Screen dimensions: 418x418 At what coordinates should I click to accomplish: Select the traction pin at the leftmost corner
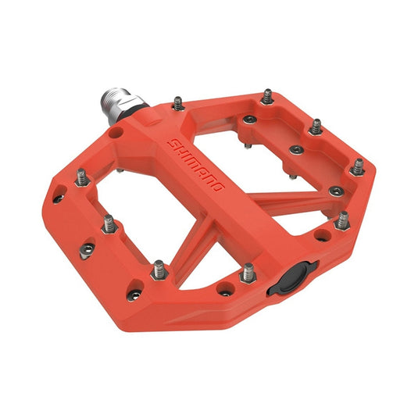click(80, 179)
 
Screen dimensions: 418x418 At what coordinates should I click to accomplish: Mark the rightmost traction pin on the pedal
click(357, 167)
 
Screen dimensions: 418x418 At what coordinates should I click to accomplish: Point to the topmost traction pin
click(267, 96)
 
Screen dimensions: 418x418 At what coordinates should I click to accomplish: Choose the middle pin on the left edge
click(109, 223)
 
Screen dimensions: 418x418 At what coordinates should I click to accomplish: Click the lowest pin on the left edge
click(159, 269)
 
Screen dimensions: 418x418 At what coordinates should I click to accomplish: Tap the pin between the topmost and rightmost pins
click(315, 127)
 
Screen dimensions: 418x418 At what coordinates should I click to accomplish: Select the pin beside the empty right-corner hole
click(341, 220)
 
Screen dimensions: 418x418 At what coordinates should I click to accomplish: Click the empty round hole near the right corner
click(320, 235)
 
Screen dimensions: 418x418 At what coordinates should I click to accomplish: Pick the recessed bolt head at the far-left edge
click(59, 198)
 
